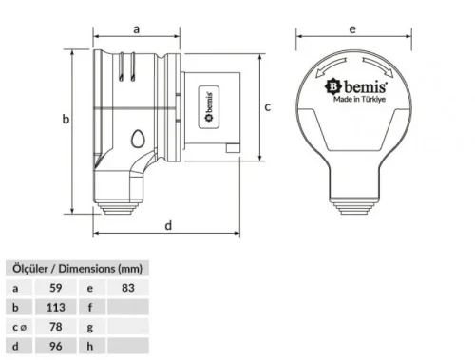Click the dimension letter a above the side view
click(137, 29)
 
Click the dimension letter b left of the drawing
click(66, 120)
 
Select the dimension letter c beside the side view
click(269, 107)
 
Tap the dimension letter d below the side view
click(168, 225)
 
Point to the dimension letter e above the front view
click(352, 29)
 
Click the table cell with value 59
click(54, 286)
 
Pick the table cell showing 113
click(54, 306)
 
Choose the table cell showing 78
click(54, 328)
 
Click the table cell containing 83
click(128, 286)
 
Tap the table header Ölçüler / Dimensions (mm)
click(75, 267)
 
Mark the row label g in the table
click(90, 328)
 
